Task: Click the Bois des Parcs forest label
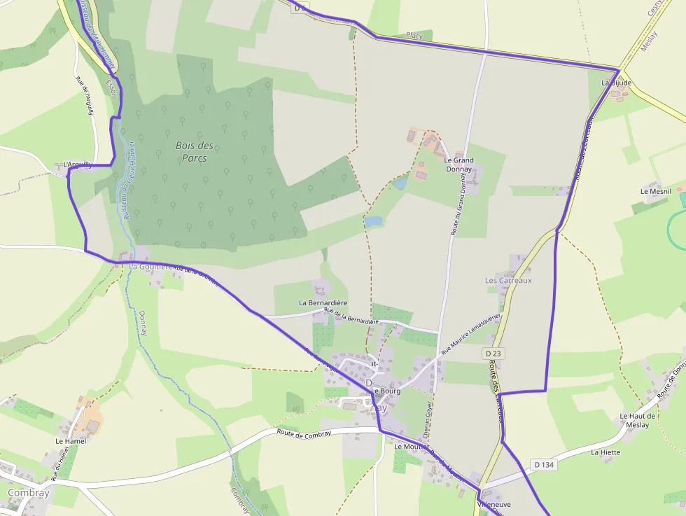(195, 152)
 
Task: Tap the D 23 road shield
(494, 354)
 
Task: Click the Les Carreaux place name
(508, 280)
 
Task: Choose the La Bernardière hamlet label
(323, 302)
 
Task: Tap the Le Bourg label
(386, 391)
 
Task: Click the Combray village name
(28, 492)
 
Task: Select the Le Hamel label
(70, 441)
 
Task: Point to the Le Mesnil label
(655, 190)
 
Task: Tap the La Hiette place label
(605, 452)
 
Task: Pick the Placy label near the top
(414, 34)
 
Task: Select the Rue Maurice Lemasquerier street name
(471, 333)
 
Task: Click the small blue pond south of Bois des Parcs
(374, 221)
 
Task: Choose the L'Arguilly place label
(78, 165)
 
